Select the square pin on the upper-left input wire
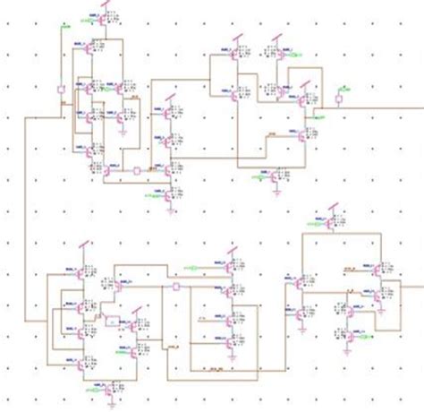(x=60, y=90)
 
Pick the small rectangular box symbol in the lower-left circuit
(x=111, y=320)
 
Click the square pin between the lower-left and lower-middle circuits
(x=176, y=288)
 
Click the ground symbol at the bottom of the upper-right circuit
(x=279, y=190)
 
